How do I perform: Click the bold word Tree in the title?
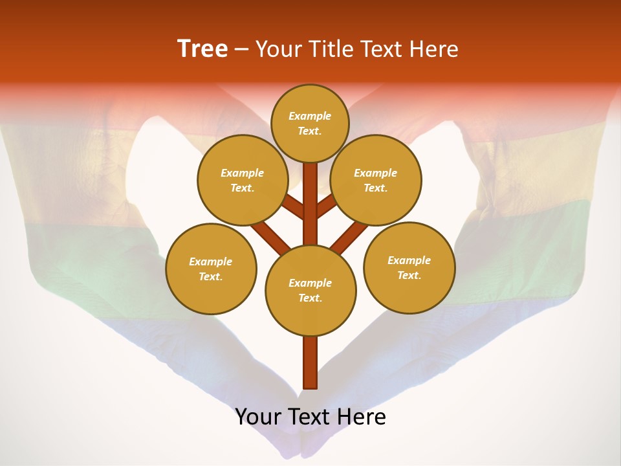click(202, 49)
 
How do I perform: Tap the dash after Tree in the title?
click(241, 49)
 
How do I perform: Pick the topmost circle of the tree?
click(310, 123)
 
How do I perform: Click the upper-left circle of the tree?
click(243, 180)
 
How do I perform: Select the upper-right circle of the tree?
click(376, 180)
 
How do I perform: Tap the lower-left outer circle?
click(211, 269)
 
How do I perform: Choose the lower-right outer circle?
click(409, 267)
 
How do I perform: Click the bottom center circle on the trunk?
click(310, 291)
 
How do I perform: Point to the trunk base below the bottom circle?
click(310, 362)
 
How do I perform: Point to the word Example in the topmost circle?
click(310, 116)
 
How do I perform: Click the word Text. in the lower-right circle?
click(409, 275)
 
